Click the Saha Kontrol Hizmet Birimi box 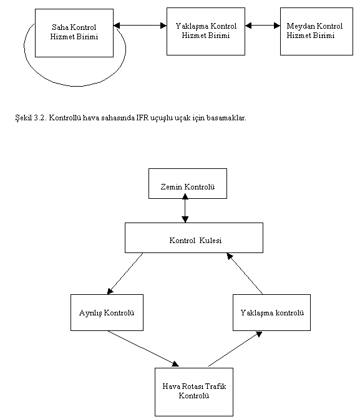(74, 33)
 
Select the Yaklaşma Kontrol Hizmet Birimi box (206, 31)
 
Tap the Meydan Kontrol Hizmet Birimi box (316, 31)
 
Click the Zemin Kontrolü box (188, 183)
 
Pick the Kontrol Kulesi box (194, 237)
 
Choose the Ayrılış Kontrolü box (107, 312)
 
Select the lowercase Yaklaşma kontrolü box (271, 312)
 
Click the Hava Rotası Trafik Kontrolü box (194, 392)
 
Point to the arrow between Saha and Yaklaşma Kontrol (140, 26)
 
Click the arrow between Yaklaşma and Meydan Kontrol (263, 26)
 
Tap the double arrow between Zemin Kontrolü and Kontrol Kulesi (185, 208)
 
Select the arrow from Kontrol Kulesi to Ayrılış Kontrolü (125, 274)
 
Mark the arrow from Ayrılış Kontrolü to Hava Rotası (144, 348)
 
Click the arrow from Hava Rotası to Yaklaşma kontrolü (235, 349)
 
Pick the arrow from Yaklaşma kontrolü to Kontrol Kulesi (245, 274)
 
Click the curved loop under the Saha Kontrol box (75, 86)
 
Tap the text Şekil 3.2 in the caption (31, 118)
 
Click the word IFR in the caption (142, 118)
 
